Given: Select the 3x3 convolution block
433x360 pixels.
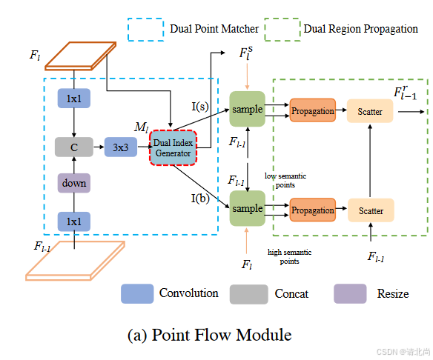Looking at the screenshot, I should [x=120, y=147].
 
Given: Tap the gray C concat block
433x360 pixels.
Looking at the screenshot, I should [x=73, y=147].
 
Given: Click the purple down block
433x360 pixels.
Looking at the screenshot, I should [x=73, y=183].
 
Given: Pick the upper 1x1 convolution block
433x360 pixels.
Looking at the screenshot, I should [x=73, y=99].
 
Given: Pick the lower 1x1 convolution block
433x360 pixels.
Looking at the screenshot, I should [x=73, y=220].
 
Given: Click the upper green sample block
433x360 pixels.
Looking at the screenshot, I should [x=248, y=110].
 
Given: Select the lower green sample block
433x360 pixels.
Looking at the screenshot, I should [x=248, y=208].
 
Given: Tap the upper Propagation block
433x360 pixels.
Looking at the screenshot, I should [x=312, y=110].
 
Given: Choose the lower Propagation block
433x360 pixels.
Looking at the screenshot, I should [x=312, y=210].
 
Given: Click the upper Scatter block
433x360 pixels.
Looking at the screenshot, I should [x=371, y=111].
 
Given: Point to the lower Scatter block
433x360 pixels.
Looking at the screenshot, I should [x=371, y=210].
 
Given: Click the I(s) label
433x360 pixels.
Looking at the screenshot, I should [x=199, y=107].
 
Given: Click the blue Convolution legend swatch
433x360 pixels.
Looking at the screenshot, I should [x=137, y=294].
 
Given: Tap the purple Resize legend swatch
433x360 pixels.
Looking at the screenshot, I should [x=350, y=294].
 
